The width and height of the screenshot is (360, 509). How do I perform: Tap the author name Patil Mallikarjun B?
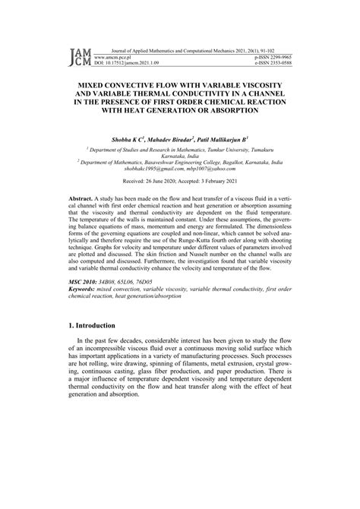point(239,140)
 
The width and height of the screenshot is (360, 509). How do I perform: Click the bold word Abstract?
point(81,198)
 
